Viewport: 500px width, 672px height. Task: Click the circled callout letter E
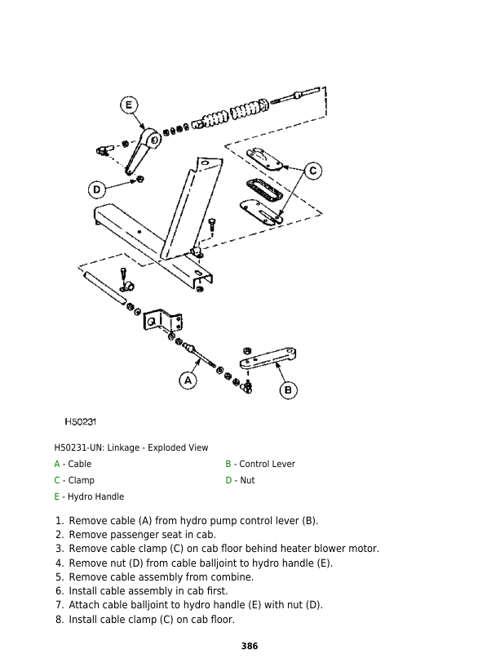[x=129, y=105]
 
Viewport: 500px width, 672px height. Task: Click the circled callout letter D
[x=97, y=189]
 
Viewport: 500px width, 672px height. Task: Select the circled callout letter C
[x=312, y=171]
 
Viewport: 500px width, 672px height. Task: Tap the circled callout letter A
[x=188, y=381]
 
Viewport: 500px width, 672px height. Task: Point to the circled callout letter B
[x=288, y=390]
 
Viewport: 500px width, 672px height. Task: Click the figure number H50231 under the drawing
[x=82, y=422]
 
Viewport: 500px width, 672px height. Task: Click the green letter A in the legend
[x=57, y=464]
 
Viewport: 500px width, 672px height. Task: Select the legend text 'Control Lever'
[x=267, y=464]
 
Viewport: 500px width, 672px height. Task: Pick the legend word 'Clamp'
[x=81, y=480]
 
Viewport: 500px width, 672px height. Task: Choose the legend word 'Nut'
[x=247, y=480]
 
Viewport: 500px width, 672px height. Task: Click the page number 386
[x=250, y=646]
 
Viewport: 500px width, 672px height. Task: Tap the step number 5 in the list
[x=59, y=576]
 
